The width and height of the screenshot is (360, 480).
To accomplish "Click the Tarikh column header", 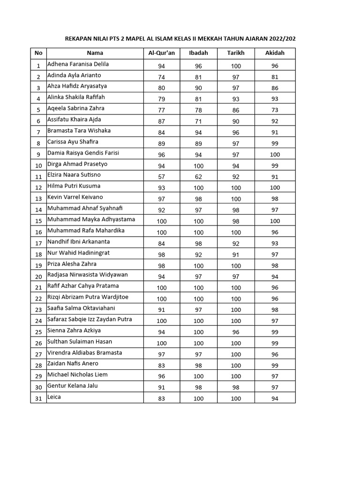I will pos(236,53).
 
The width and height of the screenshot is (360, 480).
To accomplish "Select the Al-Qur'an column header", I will pos(162,53).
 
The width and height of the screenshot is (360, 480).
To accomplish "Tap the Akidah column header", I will pos(275,53).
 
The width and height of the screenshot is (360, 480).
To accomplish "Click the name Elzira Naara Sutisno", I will pos(74,175).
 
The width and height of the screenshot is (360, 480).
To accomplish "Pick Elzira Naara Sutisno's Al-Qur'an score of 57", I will pos(162,177).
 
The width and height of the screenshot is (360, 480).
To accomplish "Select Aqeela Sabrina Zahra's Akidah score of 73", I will pos(275,110).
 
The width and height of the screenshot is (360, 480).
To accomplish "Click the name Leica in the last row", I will pos(54,397).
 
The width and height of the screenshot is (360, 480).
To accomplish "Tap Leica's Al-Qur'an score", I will pos(162,398).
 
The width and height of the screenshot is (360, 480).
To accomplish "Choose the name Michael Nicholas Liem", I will pos(77,375).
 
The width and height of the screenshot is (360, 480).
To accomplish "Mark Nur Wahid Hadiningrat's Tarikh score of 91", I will pos(236,255).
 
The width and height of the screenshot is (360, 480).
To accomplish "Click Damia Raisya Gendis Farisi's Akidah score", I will pos(275,155).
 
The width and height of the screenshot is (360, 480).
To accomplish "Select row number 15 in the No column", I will pos(38,221).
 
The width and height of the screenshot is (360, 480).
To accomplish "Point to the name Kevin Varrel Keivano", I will pos(75,197).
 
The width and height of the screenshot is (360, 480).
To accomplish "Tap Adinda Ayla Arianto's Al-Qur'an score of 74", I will pos(162,77).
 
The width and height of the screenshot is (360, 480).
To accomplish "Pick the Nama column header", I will pos(95,53).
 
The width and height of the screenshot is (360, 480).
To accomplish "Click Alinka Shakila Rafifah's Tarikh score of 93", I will pos(236,99).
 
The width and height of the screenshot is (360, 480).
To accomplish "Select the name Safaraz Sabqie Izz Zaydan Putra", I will pos(90,319).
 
